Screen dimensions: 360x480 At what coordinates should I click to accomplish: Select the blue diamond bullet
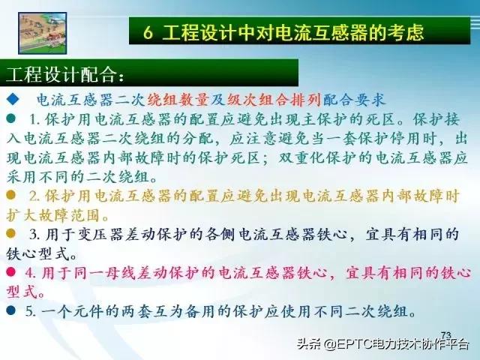[12, 100]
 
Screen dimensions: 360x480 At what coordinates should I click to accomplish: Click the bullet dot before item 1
[11, 119]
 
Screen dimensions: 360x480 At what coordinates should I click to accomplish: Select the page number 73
[446, 334]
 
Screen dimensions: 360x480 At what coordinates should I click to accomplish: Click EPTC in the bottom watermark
[362, 346]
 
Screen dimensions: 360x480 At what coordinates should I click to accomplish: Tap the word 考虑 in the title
[407, 33]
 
